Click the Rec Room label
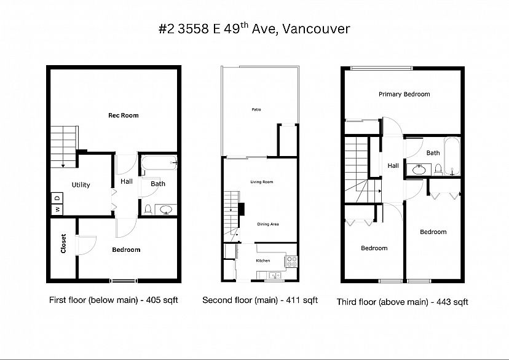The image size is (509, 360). coord(124,115)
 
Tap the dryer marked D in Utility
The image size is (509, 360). coord(57,198)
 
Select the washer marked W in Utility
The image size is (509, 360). coord(57,209)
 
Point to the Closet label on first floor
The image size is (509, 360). coord(63,243)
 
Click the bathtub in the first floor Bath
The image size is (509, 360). coord(159,163)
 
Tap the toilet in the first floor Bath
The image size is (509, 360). coord(148,209)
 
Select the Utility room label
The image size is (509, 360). coord(81,185)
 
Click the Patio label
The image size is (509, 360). coord(256,109)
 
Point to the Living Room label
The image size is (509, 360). coord(262,182)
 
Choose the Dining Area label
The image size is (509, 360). coord(268,224)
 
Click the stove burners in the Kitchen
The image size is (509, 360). coord(291,262)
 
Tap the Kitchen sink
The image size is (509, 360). coord(275,275)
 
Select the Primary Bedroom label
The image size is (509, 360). coord(404,94)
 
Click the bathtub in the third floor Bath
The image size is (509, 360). coord(452,157)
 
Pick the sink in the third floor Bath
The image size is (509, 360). coord(419,170)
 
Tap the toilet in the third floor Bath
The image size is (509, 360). coord(438,170)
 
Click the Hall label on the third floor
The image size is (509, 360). coord(393,166)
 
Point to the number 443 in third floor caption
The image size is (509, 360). coord(443,302)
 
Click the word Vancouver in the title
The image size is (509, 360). coord(316,29)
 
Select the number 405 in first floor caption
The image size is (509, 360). coord(152,300)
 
